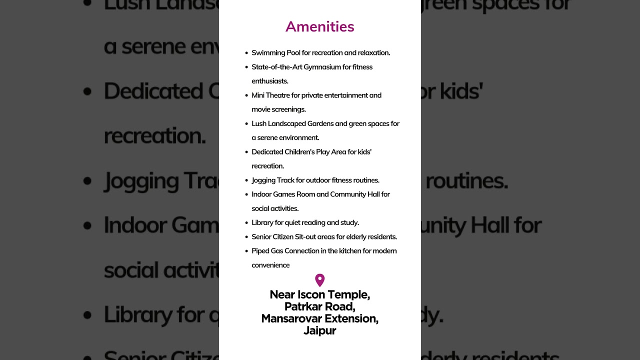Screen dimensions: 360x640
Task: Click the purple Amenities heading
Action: tap(320, 26)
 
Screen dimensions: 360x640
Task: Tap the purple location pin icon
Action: tap(320, 280)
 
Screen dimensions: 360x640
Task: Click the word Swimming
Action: tap(268, 53)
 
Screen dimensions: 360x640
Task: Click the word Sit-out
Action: tap(304, 237)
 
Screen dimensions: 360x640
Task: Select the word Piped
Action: tap(260, 251)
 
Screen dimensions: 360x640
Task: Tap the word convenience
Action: tap(270, 265)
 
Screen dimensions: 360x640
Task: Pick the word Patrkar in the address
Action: tap(305, 306)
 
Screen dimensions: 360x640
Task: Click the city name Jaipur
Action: tap(320, 330)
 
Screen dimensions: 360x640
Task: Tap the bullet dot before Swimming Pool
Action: tap(246, 53)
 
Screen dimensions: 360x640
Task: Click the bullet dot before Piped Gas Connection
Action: tap(246, 251)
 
